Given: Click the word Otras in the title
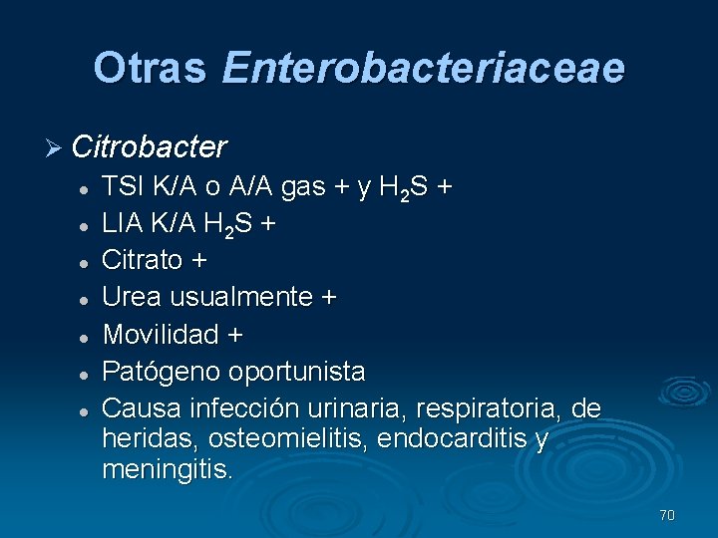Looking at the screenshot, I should click(149, 68).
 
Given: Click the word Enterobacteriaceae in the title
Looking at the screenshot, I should click(423, 68).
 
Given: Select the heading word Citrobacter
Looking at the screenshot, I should click(150, 147).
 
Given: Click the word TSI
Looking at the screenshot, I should click(123, 188).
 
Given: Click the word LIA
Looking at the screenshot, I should click(123, 224).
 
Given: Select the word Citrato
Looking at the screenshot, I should click(145, 261).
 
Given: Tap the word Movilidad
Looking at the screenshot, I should click(162, 335).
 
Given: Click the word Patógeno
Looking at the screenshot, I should click(162, 373).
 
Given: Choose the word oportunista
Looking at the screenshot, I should click(297, 373).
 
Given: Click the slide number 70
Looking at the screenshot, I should click(667, 515).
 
